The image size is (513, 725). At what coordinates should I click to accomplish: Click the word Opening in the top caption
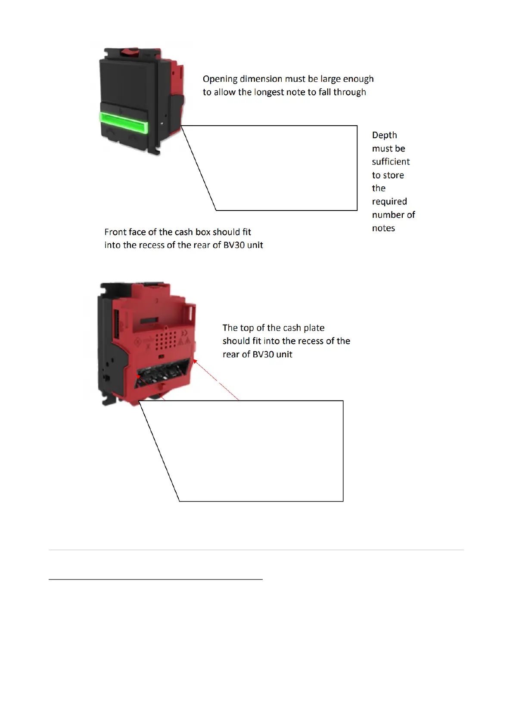tap(220, 79)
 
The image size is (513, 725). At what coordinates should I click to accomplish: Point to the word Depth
tap(384, 135)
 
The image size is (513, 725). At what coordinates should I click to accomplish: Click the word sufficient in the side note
tap(391, 162)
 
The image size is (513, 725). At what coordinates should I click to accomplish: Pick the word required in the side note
tap(389, 201)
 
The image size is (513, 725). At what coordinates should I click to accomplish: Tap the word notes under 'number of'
tap(383, 228)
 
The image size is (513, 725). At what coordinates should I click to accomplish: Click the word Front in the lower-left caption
tap(115, 232)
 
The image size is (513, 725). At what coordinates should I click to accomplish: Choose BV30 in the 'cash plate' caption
tap(263, 354)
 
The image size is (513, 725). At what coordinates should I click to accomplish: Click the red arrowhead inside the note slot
tap(138, 376)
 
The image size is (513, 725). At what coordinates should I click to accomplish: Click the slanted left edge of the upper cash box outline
tap(198, 168)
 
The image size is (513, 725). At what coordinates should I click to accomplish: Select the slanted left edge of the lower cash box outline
tap(159, 451)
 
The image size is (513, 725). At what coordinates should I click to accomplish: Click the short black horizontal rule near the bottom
tap(155, 579)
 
